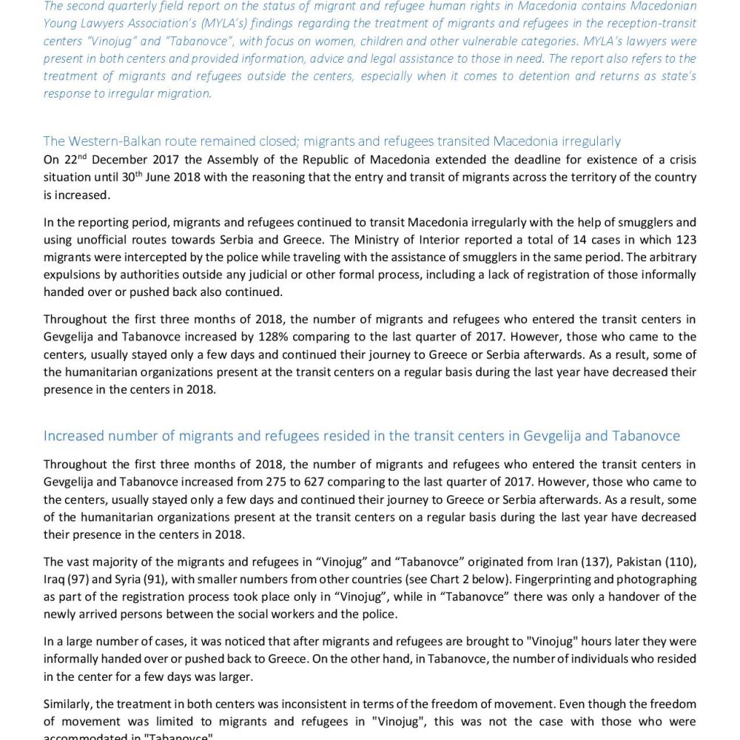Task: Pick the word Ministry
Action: pyautogui.click(x=437, y=240)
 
